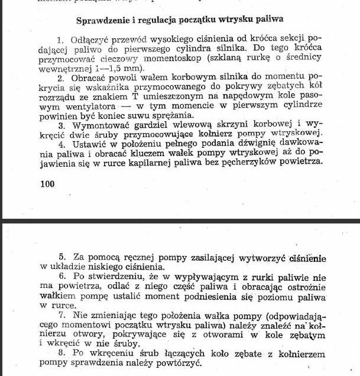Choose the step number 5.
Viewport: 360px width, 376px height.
point(61,258)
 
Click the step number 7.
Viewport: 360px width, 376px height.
point(61,319)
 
